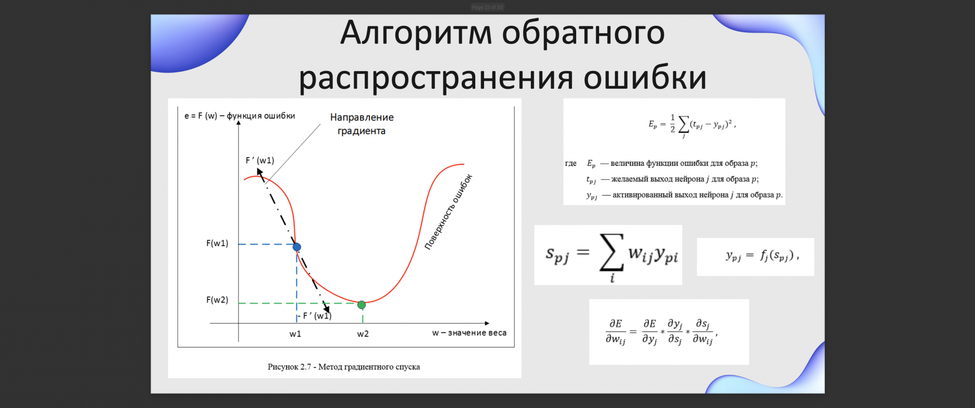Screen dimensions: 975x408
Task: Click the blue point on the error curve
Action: pyautogui.click(x=297, y=247)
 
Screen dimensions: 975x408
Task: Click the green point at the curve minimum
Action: pyautogui.click(x=361, y=305)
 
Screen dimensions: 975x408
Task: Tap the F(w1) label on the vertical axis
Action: pyautogui.click(x=217, y=243)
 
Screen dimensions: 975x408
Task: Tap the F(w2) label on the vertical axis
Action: pyautogui.click(x=217, y=300)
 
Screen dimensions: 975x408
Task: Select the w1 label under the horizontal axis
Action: pyautogui.click(x=295, y=334)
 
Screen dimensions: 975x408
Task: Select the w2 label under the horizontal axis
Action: pyautogui.click(x=363, y=334)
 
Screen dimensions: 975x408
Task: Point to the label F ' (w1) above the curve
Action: pyautogui.click(x=260, y=160)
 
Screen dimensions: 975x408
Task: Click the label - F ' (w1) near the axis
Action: pyautogui.click(x=315, y=316)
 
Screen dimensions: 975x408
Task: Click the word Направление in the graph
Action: pyautogui.click(x=362, y=117)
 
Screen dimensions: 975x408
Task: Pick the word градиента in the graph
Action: pyautogui.click(x=361, y=131)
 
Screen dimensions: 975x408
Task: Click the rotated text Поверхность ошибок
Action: pyautogui.click(x=448, y=212)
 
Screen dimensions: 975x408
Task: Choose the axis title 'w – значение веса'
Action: pyautogui.click(x=469, y=333)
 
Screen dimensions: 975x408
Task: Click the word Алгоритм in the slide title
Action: pyautogui.click(x=416, y=33)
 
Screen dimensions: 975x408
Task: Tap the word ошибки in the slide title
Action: pyautogui.click(x=645, y=77)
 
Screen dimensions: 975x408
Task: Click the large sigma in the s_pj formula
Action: pyautogui.click(x=612, y=252)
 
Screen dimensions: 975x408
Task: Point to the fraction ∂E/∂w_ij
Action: pyautogui.click(x=616, y=332)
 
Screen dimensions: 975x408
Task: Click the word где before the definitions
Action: pyautogui.click(x=571, y=164)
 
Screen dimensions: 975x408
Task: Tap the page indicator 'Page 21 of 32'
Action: pyautogui.click(x=487, y=7)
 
